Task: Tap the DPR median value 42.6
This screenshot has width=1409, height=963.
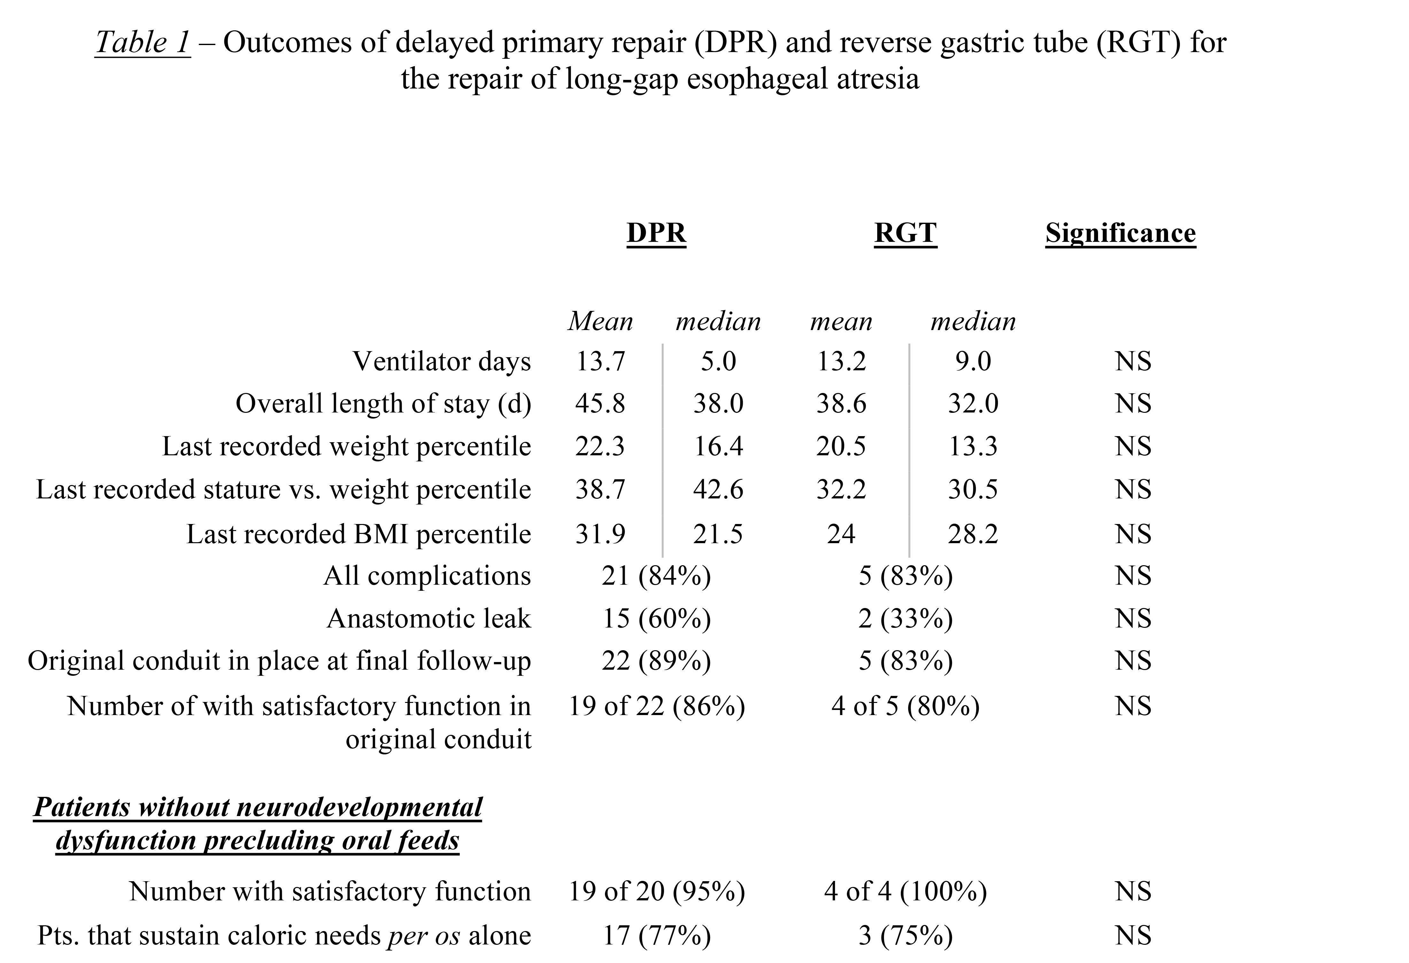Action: pyautogui.click(x=718, y=489)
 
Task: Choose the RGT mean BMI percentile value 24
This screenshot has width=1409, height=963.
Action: pyautogui.click(x=841, y=534)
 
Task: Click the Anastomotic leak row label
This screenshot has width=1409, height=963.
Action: pyautogui.click(x=429, y=619)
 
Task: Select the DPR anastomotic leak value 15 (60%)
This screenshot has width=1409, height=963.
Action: pyautogui.click(x=657, y=619)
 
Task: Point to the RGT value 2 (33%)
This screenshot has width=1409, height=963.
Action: pyautogui.click(x=905, y=619)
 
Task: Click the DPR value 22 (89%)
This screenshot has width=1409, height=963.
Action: pyautogui.click(x=657, y=661)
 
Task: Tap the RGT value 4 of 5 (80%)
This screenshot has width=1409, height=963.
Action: pyautogui.click(x=905, y=706)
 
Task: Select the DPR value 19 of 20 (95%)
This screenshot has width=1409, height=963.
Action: pyautogui.click(x=657, y=891)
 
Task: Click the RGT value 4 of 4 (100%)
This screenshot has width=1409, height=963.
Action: pyautogui.click(x=905, y=891)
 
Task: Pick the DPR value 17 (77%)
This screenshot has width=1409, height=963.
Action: pyautogui.click(x=657, y=935)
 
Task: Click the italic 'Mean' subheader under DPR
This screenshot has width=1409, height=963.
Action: pyautogui.click(x=600, y=321)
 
